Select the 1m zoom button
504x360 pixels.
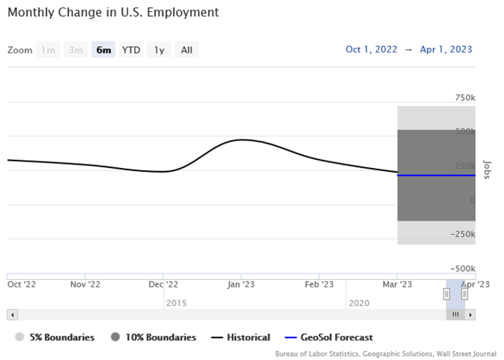(x=48, y=50)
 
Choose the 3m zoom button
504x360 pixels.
(x=76, y=50)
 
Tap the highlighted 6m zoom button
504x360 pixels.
(x=103, y=50)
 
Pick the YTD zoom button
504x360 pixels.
(x=131, y=50)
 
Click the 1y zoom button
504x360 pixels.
(x=159, y=50)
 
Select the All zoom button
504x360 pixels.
(x=187, y=50)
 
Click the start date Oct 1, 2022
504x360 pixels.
(x=372, y=49)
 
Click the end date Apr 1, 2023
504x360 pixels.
(x=447, y=49)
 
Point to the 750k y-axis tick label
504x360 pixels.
(x=464, y=98)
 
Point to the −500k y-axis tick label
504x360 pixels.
(x=462, y=269)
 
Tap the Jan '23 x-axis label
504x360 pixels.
(x=242, y=284)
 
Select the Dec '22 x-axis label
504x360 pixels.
(x=164, y=284)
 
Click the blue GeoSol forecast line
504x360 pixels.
(x=436, y=175)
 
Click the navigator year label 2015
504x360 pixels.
(x=176, y=303)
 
